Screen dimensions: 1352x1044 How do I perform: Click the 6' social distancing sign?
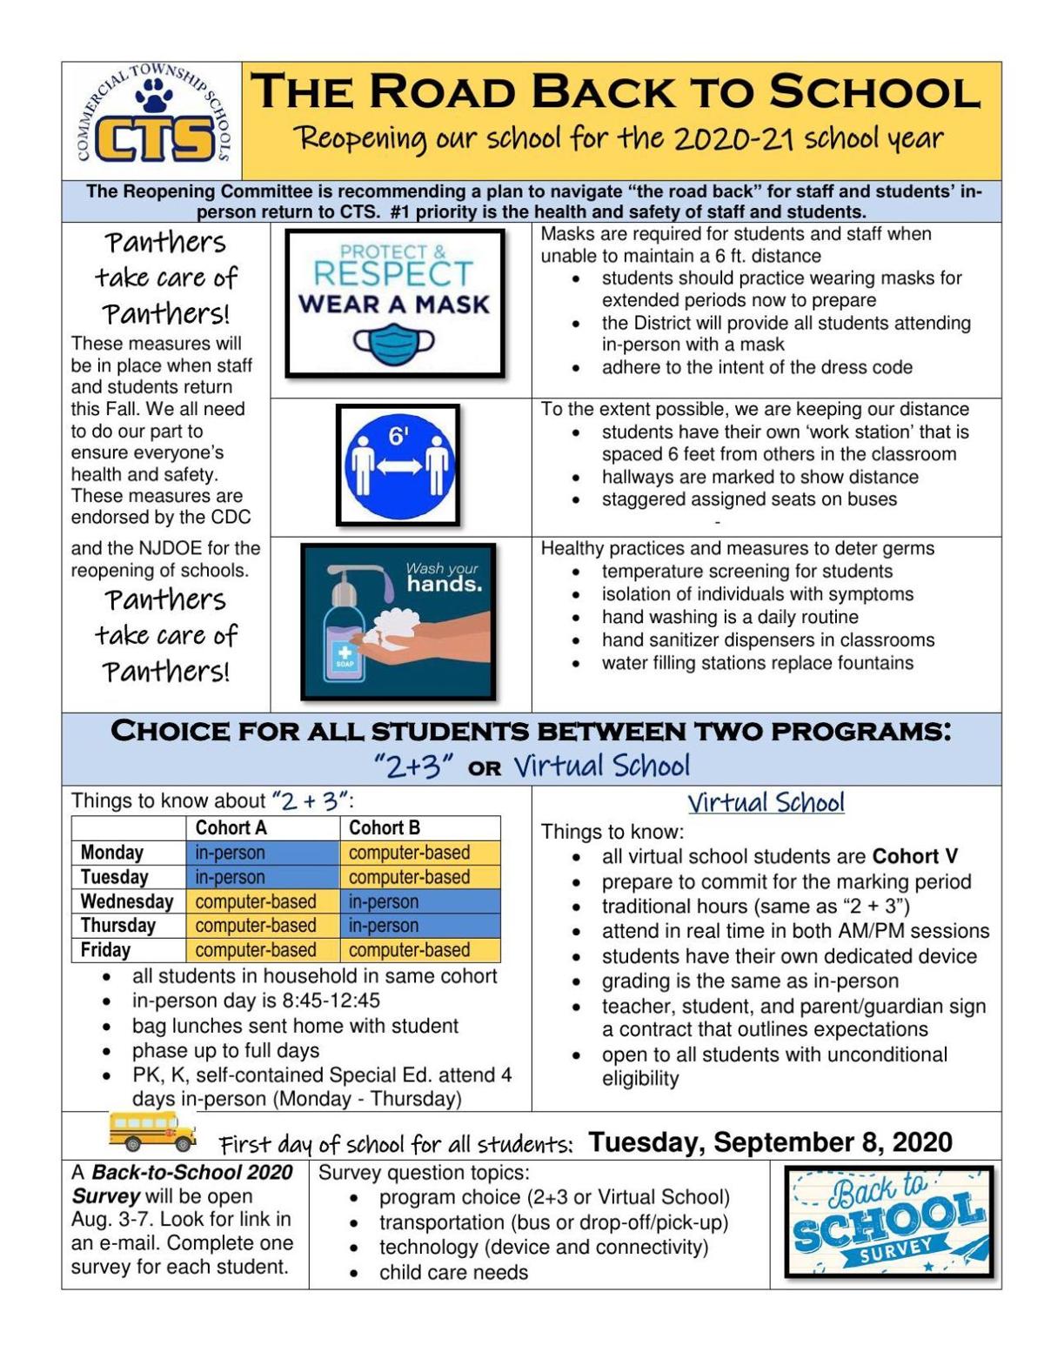coord(398,465)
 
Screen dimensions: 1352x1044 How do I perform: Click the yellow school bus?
coord(153,1130)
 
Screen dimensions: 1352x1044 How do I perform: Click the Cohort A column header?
coord(231,827)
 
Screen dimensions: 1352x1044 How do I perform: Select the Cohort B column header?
coord(385,827)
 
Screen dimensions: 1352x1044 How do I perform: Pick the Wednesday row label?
coord(127,901)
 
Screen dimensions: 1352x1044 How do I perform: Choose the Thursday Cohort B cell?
coord(419,926)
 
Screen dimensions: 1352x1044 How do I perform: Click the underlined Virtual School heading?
coord(766,802)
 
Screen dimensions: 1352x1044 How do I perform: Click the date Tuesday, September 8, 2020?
coord(770,1141)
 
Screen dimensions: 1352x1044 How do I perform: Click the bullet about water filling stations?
coord(757,663)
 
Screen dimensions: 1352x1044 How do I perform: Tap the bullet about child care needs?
coord(453,1272)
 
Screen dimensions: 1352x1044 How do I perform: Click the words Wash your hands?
coord(443,577)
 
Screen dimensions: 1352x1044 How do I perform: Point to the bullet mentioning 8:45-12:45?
coord(256,1001)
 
